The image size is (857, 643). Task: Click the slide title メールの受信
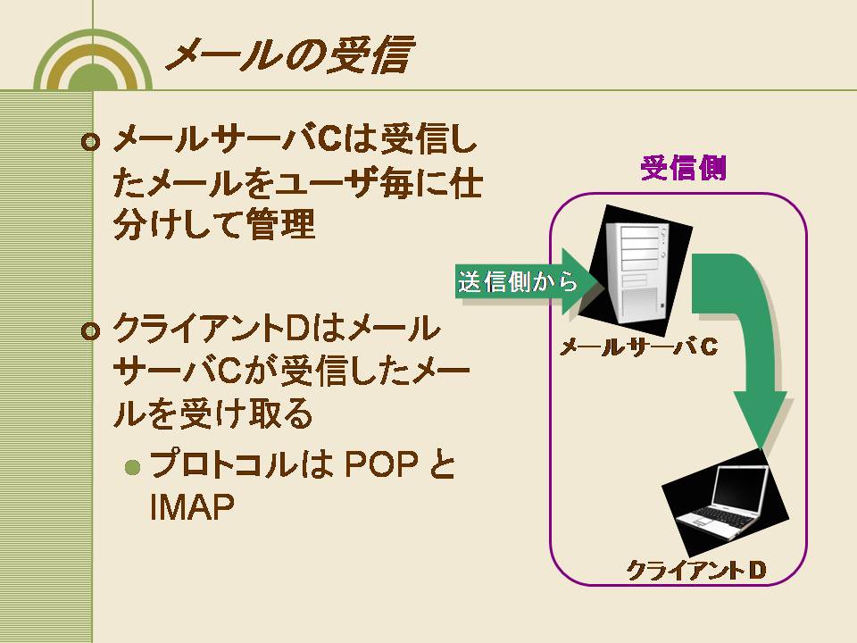click(288, 54)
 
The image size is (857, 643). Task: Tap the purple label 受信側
click(683, 168)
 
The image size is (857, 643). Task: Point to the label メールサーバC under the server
click(638, 347)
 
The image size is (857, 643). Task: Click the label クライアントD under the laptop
click(695, 571)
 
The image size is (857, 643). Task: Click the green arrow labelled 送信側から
click(526, 282)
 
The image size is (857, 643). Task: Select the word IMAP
click(191, 507)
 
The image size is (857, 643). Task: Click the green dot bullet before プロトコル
click(133, 467)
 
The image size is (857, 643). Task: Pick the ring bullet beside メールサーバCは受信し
click(91, 143)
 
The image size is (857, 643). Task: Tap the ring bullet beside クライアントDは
click(91, 331)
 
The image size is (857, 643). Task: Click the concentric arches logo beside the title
click(93, 60)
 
